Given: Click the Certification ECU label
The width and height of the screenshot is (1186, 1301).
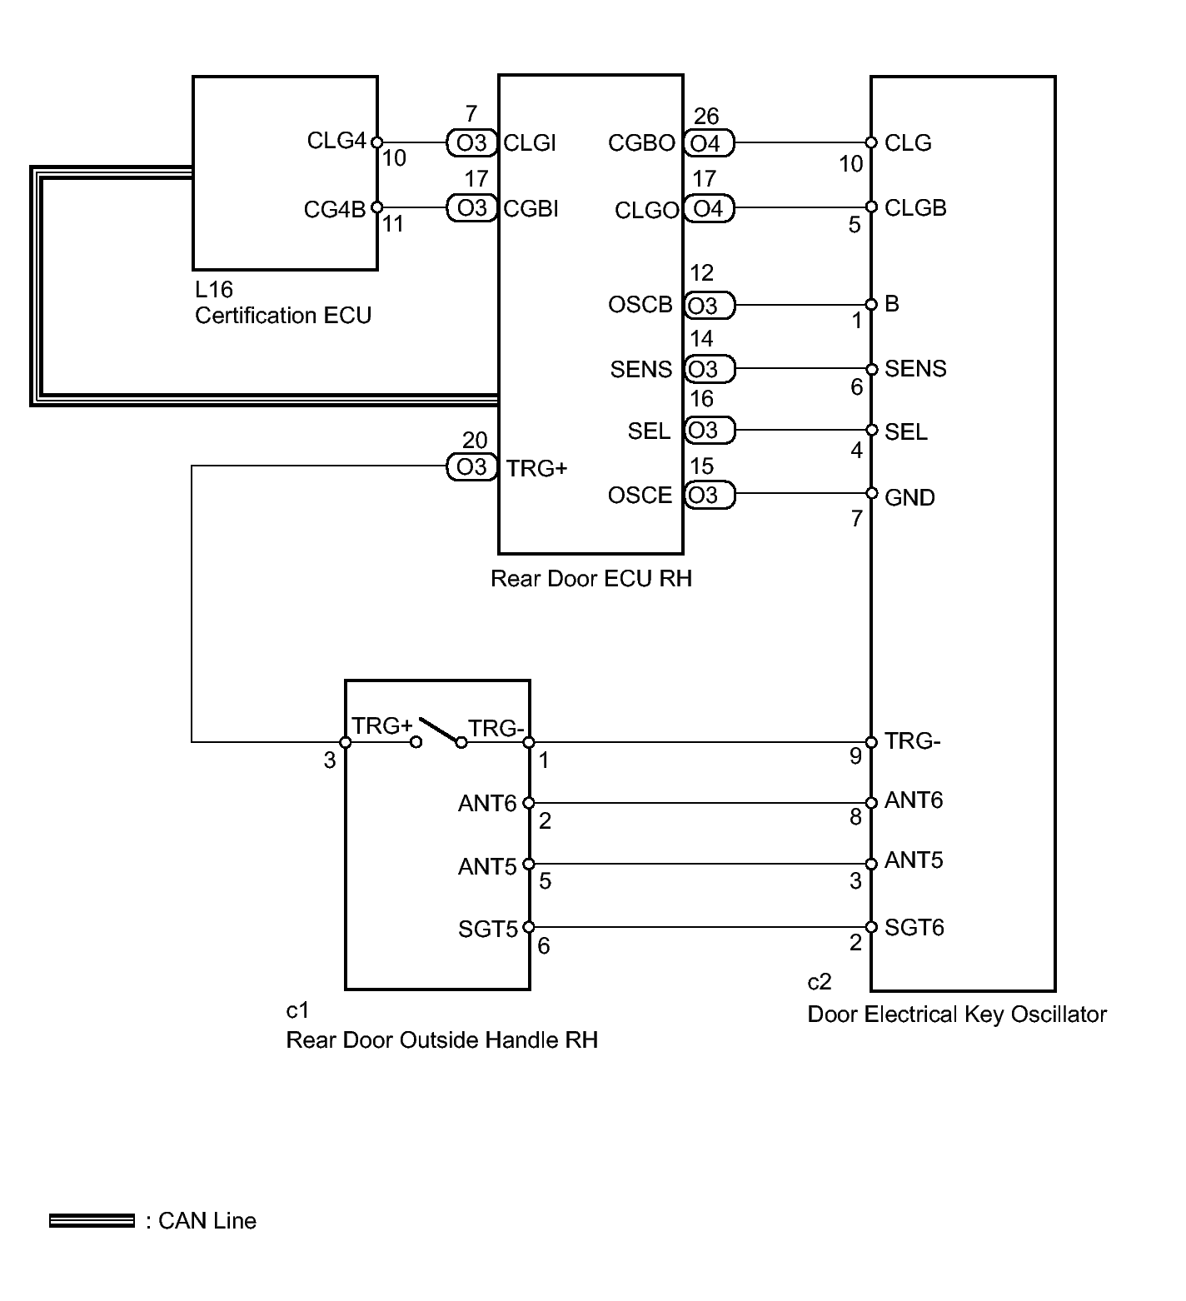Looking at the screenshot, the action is click(x=283, y=316).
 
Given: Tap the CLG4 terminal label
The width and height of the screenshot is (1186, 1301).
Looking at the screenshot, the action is click(x=336, y=140).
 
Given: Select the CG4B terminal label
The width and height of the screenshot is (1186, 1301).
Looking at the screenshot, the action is click(x=335, y=209).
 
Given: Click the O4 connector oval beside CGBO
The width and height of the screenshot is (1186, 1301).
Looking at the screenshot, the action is click(x=709, y=143).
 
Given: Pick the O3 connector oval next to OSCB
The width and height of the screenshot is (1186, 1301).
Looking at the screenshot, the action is click(x=709, y=306).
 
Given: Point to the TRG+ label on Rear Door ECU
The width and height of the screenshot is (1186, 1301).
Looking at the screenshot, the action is click(x=536, y=468).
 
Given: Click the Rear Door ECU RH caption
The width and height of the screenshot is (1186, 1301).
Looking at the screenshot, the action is click(x=591, y=578).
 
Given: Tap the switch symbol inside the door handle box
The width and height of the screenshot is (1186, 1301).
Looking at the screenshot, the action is click(x=438, y=730).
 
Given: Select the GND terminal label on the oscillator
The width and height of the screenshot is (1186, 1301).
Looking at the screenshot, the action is click(x=909, y=497).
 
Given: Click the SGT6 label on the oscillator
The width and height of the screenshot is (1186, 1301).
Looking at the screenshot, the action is click(x=914, y=927).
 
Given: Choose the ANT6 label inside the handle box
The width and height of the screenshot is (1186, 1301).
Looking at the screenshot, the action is click(x=487, y=803).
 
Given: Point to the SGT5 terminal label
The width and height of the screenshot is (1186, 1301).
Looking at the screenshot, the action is click(x=488, y=928).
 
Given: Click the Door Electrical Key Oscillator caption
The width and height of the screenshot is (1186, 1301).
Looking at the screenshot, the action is click(x=957, y=1014).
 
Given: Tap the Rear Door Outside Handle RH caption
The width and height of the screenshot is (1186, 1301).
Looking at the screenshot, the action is click(x=441, y=1040).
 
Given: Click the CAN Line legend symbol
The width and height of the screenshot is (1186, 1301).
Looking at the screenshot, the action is click(x=92, y=1221).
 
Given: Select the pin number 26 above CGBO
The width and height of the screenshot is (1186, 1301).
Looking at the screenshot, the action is click(x=705, y=116).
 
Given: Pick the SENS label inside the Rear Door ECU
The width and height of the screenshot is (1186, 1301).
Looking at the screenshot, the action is click(x=640, y=369).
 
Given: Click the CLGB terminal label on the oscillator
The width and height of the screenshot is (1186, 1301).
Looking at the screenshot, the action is click(x=915, y=207).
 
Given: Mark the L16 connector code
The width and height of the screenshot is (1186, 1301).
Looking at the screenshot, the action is click(x=214, y=289).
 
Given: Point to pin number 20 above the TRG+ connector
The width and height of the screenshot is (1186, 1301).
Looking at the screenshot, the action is click(x=475, y=440).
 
